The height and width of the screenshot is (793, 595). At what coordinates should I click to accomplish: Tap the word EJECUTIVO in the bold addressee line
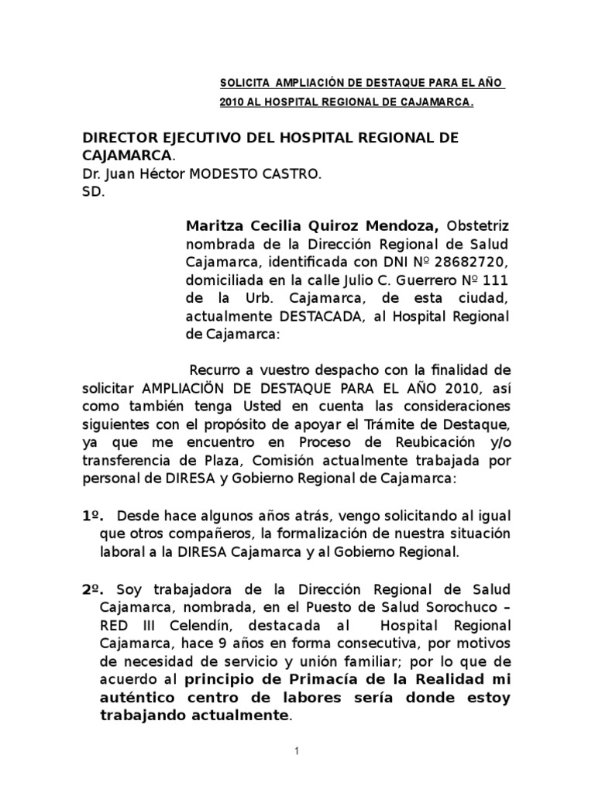point(182,138)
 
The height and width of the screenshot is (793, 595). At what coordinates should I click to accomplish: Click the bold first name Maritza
point(213,227)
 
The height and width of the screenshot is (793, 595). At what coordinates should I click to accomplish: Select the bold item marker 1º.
point(93,517)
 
